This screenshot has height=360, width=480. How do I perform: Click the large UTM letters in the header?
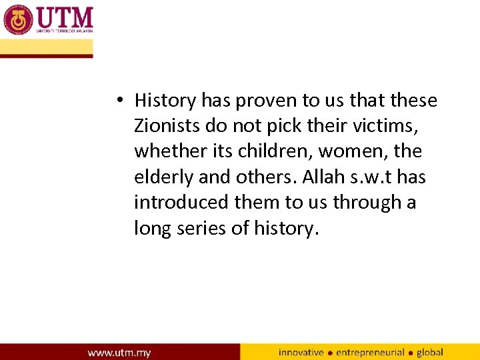point(65,16)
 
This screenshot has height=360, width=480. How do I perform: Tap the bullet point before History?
point(118,101)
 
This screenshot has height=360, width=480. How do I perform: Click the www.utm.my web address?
point(119,352)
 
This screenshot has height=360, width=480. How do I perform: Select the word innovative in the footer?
point(301,352)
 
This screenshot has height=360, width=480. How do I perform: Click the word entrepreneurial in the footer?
point(370,352)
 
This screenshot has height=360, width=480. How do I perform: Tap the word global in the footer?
point(429,352)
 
